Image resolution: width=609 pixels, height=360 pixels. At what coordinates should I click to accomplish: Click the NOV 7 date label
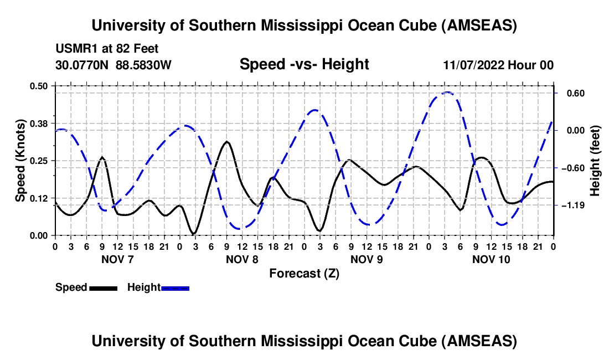click(118, 259)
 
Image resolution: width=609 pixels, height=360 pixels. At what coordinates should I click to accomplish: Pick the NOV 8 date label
click(242, 259)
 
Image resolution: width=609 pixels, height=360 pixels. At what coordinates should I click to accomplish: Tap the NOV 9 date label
click(367, 259)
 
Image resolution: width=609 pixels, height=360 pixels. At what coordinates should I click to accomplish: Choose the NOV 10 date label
click(492, 259)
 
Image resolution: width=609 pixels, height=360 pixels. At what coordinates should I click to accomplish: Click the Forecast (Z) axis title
click(304, 273)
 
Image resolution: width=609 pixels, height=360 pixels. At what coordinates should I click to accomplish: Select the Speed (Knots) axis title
click(20, 160)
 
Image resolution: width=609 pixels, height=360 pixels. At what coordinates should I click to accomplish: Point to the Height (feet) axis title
click(595, 160)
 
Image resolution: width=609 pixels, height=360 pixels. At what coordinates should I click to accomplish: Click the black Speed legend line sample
click(103, 288)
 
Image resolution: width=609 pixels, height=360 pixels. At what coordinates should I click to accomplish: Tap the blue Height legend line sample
click(176, 288)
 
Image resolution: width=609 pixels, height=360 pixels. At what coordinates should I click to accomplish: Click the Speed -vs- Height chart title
click(304, 64)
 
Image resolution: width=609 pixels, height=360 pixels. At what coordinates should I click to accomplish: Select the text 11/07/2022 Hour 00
click(498, 65)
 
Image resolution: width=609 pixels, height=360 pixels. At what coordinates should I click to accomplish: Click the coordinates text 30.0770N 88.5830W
click(113, 65)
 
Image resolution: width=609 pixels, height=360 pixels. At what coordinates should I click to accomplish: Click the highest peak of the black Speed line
click(227, 142)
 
